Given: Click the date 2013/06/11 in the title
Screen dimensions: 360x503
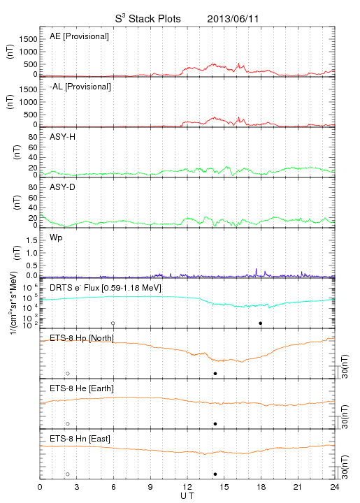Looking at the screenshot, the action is [233, 19].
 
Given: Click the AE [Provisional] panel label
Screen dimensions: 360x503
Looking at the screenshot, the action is [79, 36].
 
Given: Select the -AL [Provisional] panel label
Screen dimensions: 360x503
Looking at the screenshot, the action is [80, 87].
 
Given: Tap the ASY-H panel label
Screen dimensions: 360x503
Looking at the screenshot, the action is [63, 137].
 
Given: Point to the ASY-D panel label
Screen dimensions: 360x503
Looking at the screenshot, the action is [63, 187].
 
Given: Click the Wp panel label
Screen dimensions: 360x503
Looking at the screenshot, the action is [56, 238].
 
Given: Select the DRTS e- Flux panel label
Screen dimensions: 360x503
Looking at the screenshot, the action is [106, 288].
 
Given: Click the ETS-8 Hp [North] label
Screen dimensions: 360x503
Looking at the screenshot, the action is [82, 338].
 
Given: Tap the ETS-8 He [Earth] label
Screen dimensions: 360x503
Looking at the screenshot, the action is [82, 388].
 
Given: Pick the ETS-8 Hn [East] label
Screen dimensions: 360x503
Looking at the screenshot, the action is [80, 439].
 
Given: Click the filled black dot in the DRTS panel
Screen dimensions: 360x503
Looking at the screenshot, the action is [261, 323].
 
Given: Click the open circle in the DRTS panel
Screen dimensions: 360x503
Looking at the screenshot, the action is [113, 323].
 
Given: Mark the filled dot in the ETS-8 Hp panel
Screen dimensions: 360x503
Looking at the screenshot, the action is [215, 373].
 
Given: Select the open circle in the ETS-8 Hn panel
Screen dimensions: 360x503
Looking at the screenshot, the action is [68, 474].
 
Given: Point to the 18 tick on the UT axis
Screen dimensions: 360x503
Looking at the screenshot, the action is [261, 487].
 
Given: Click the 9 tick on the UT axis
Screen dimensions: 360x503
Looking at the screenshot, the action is [150, 487].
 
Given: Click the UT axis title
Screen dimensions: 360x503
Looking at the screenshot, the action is [187, 496].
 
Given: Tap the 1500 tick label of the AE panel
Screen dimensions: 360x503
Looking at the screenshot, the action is [28, 39].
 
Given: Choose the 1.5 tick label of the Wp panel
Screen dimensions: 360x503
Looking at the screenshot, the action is [31, 240].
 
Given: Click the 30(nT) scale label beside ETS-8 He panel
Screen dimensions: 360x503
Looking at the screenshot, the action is [345, 416].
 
